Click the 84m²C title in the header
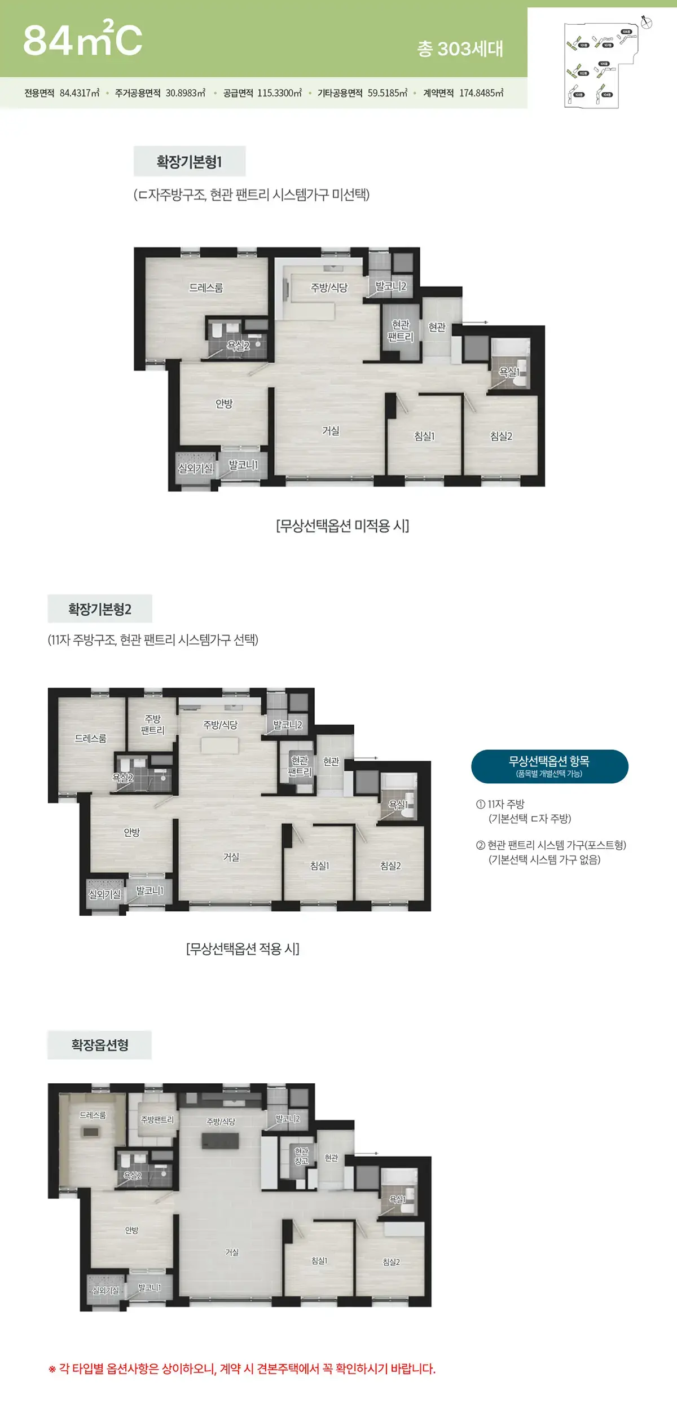(x=82, y=39)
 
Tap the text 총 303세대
(x=460, y=49)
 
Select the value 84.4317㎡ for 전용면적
(x=80, y=93)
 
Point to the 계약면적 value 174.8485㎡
(x=481, y=93)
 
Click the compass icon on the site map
(x=647, y=23)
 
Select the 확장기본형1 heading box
(x=190, y=162)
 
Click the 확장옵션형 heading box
(x=100, y=1045)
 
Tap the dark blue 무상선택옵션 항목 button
(x=549, y=766)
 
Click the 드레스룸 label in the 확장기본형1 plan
(x=206, y=288)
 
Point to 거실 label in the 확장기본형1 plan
(x=331, y=431)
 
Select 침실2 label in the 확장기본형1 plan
(x=501, y=436)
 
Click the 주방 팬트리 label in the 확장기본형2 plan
(x=152, y=725)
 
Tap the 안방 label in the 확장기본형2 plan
(x=131, y=832)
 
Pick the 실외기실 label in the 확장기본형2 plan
(x=105, y=894)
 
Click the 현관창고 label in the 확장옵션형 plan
(x=302, y=1156)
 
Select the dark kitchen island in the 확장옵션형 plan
(x=221, y=1140)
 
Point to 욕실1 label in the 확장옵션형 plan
(x=398, y=1199)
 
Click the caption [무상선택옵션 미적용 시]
(x=342, y=526)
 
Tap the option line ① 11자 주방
(x=500, y=804)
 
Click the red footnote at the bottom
(x=243, y=1369)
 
